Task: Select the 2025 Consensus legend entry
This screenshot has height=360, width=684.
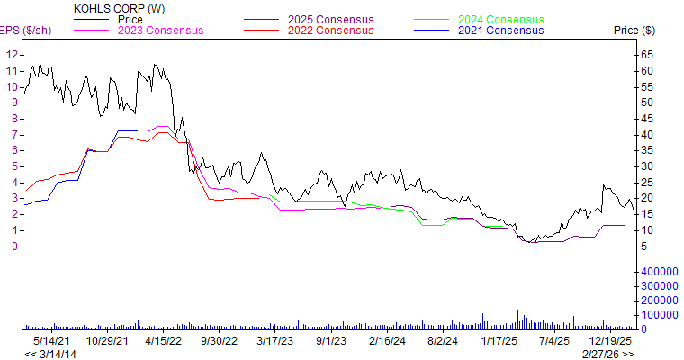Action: tap(330, 19)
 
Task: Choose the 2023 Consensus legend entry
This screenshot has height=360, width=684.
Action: tap(160, 31)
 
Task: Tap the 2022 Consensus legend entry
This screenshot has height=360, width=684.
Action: tap(330, 31)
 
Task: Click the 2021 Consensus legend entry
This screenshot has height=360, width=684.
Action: tap(501, 31)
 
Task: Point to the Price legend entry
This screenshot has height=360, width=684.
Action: tap(130, 19)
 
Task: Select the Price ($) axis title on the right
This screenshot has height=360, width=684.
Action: tap(634, 31)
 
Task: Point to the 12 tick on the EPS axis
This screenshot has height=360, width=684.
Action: tap(12, 55)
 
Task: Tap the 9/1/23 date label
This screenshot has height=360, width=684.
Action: tap(331, 341)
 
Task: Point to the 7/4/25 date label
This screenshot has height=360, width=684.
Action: tap(554, 341)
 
